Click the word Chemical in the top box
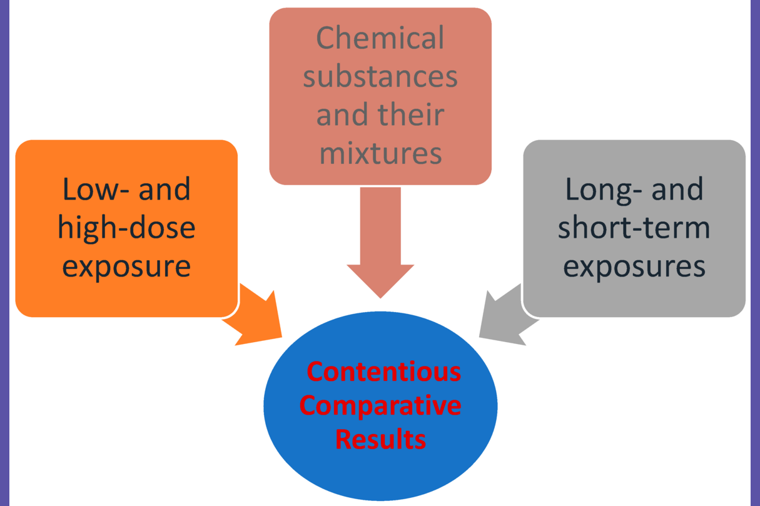tap(380, 39)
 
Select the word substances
tap(380, 78)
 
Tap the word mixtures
tap(380, 153)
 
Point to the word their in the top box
tap(413, 116)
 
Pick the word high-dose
tap(126, 228)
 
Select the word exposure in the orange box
tap(126, 266)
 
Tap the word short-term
tap(634, 228)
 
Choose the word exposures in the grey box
tap(634, 266)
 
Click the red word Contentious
tap(383, 372)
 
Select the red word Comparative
tap(380, 405)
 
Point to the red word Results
tap(380, 438)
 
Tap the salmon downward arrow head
tap(380, 278)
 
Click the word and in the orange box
tap(165, 189)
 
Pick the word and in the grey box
tap(677, 189)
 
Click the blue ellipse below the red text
tap(380, 475)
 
